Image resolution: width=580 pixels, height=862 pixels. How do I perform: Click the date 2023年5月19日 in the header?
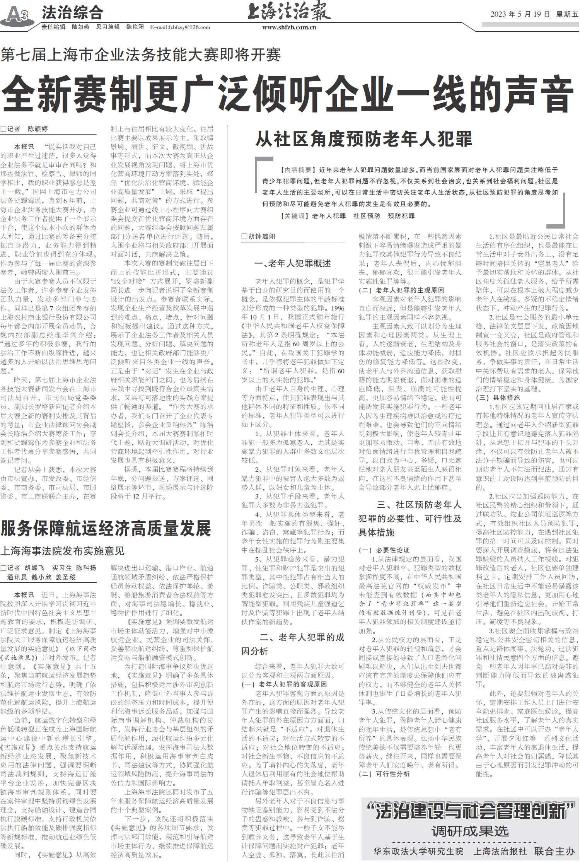[520, 14]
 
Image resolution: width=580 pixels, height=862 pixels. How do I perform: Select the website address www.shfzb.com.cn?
[289, 27]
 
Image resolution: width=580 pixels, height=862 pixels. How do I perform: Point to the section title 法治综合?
[72, 12]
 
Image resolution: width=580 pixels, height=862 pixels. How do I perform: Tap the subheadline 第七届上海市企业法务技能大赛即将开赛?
[141, 55]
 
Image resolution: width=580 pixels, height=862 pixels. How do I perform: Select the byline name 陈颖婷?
[38, 129]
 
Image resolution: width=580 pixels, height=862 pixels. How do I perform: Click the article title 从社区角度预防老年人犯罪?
[363, 139]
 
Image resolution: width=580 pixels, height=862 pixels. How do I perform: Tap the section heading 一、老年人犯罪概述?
[293, 263]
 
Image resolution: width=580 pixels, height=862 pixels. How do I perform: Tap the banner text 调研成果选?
[470, 831]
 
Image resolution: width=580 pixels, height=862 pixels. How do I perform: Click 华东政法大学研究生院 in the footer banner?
[418, 851]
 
